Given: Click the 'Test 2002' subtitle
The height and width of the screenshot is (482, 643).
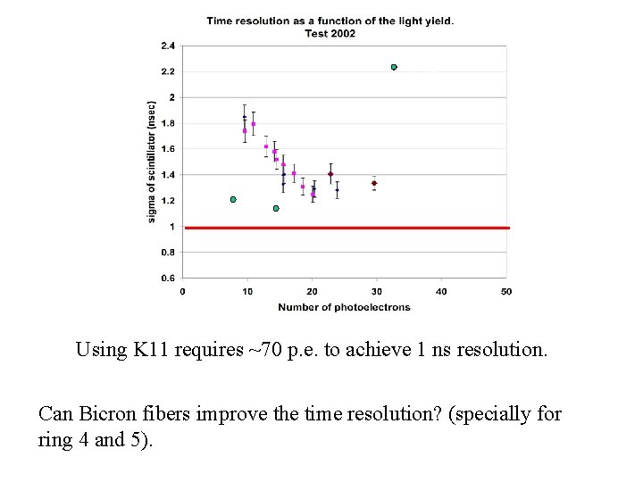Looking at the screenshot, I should pos(330,33).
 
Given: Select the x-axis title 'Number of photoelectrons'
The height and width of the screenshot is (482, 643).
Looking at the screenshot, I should pos(344,307).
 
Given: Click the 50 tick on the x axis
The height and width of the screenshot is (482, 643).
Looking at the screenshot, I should pos(506,291).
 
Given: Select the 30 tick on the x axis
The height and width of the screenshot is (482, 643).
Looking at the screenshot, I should pos(377,291).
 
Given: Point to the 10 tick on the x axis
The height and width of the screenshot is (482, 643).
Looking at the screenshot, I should pos(247,291).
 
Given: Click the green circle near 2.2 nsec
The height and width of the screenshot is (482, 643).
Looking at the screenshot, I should pos(394,67).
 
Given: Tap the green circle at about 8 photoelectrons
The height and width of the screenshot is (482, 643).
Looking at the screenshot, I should pos(233,199).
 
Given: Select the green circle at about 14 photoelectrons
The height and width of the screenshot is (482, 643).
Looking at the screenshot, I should pos(276,208).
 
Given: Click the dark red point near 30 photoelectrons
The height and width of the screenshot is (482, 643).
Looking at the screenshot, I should pos(374,183).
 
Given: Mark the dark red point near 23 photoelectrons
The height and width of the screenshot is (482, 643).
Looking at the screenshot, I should pos(330,174).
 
